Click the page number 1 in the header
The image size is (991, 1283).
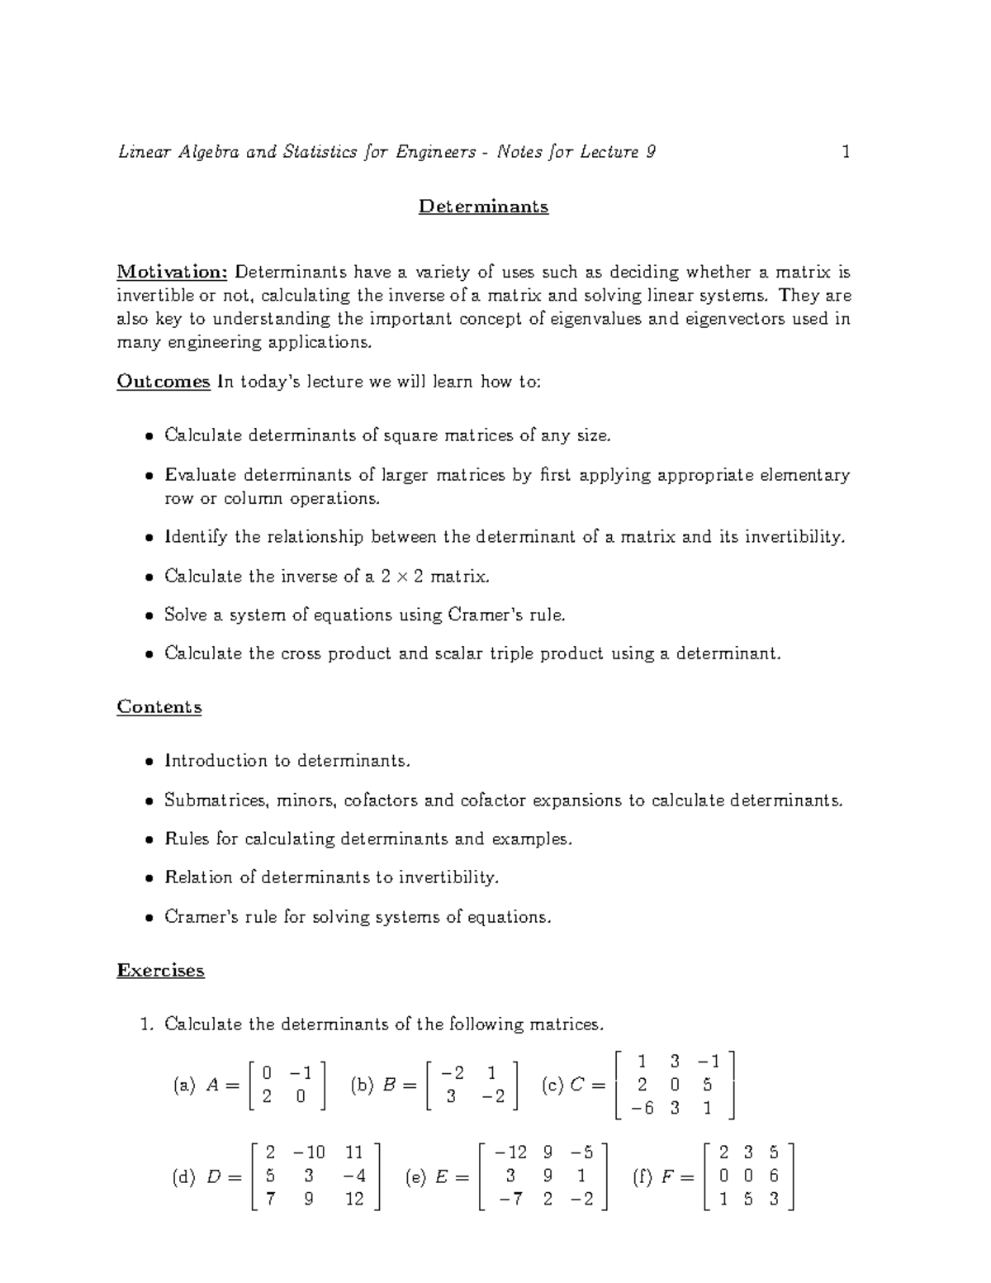coord(845,152)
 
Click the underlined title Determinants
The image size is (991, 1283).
coord(483,207)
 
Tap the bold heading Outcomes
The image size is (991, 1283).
coord(164,382)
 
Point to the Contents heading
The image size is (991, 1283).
coord(159,707)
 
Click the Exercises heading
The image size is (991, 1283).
coord(160,971)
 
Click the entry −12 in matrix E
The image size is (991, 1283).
coord(510,1152)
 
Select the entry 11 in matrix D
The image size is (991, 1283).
coord(354,1152)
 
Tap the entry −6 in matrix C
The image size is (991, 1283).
coord(641,1109)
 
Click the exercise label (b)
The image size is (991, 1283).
coord(362,1086)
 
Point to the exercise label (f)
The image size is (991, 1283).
coord(642,1177)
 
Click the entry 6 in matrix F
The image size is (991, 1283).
coord(774,1176)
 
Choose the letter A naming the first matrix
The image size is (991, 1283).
coord(211,1086)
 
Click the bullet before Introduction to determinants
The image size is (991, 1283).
coord(149,762)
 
